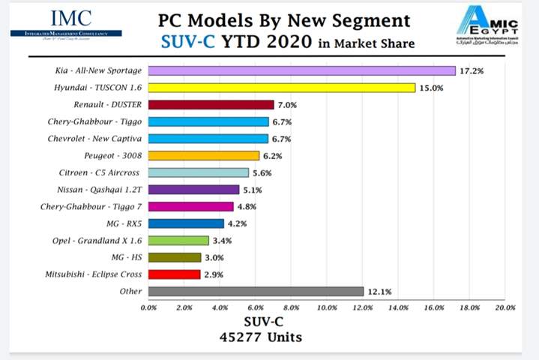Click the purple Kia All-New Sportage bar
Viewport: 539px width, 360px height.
coord(301,70)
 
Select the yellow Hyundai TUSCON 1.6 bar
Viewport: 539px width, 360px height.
coord(281,88)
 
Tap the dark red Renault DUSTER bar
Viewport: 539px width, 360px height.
coord(211,105)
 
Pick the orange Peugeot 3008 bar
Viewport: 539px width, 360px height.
coord(203,156)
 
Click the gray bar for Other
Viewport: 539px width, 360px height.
coord(256,291)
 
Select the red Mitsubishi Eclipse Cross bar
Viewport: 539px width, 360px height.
coord(174,274)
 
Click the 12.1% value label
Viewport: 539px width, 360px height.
coord(379,291)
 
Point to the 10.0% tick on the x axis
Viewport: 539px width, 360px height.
coord(327,307)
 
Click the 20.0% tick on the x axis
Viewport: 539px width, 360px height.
coord(505,307)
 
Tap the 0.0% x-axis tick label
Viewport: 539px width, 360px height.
coord(148,307)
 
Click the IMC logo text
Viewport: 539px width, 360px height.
coord(70,18)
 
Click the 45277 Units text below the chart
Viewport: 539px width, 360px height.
coord(261,337)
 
